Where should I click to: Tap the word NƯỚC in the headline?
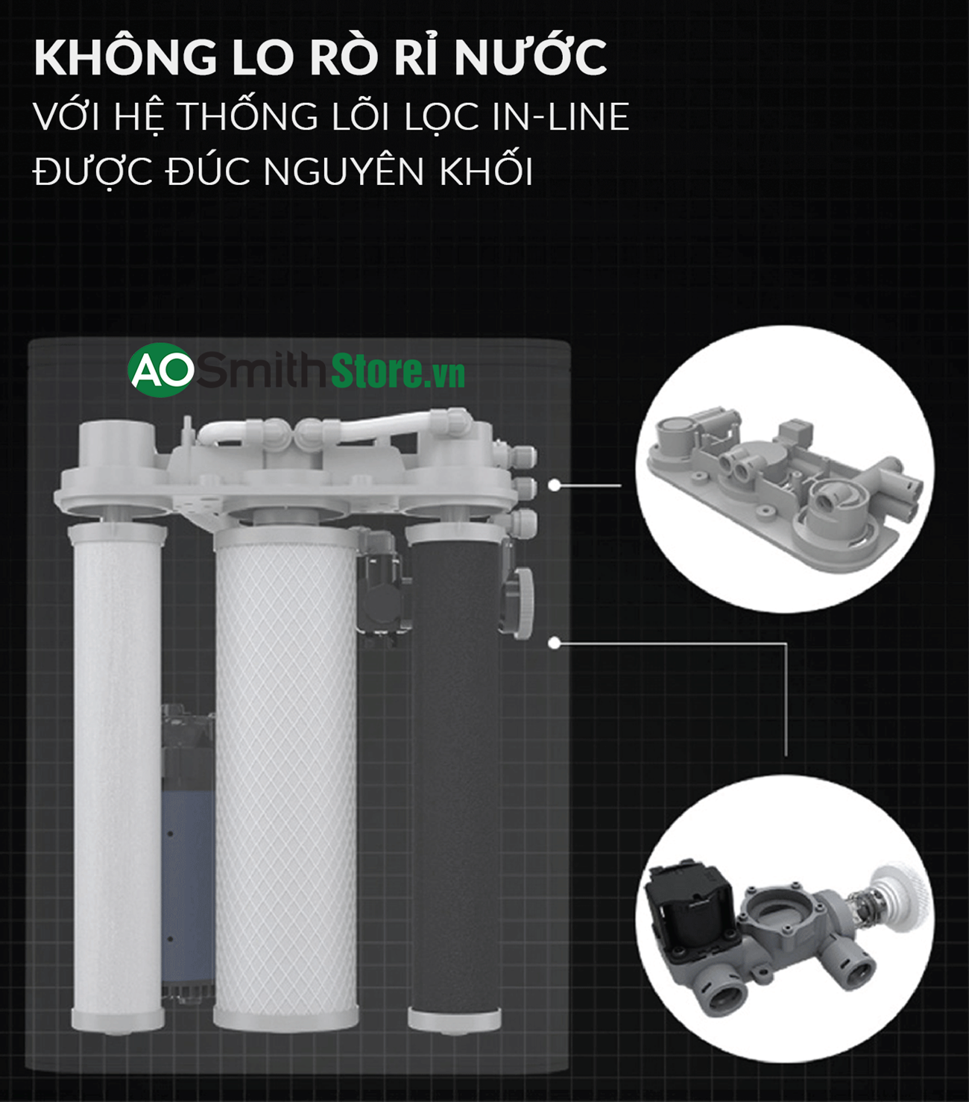[530, 57]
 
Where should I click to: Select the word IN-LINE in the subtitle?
[561, 118]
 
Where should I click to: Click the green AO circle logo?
[160, 370]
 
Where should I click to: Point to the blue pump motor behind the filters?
[187, 857]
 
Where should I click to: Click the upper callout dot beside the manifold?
[554, 485]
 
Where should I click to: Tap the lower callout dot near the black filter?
[554, 643]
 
